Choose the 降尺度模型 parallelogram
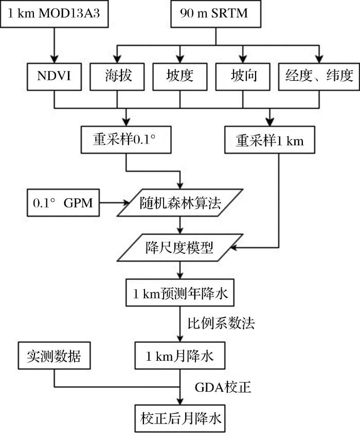pos(180,249)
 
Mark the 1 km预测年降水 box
pos(180,294)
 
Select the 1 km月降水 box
pos(180,355)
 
